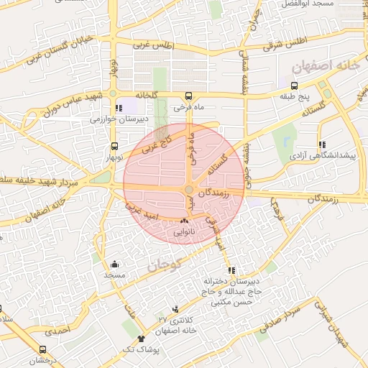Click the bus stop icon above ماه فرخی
coord(188,96)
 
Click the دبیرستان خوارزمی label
coord(115,120)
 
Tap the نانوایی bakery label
coord(185,233)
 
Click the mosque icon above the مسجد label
coord(114,264)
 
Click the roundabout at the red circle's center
coord(188,190)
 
